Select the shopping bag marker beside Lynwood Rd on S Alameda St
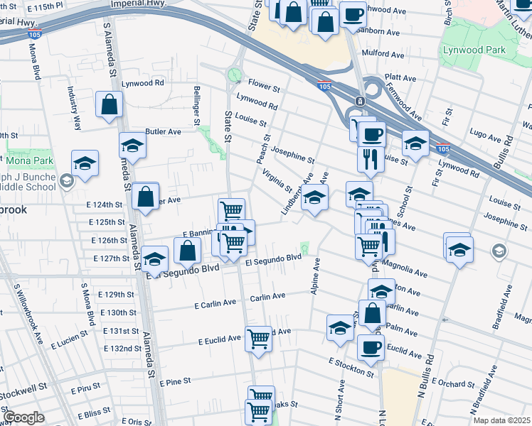click(x=110, y=106)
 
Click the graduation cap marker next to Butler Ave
click(x=132, y=146)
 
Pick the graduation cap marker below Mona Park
click(x=85, y=164)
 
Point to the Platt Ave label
click(x=400, y=76)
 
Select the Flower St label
click(x=264, y=85)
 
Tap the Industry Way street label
click(x=73, y=104)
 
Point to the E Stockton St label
click(x=351, y=367)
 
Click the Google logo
click(x=23, y=417)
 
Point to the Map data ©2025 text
click(x=501, y=420)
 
